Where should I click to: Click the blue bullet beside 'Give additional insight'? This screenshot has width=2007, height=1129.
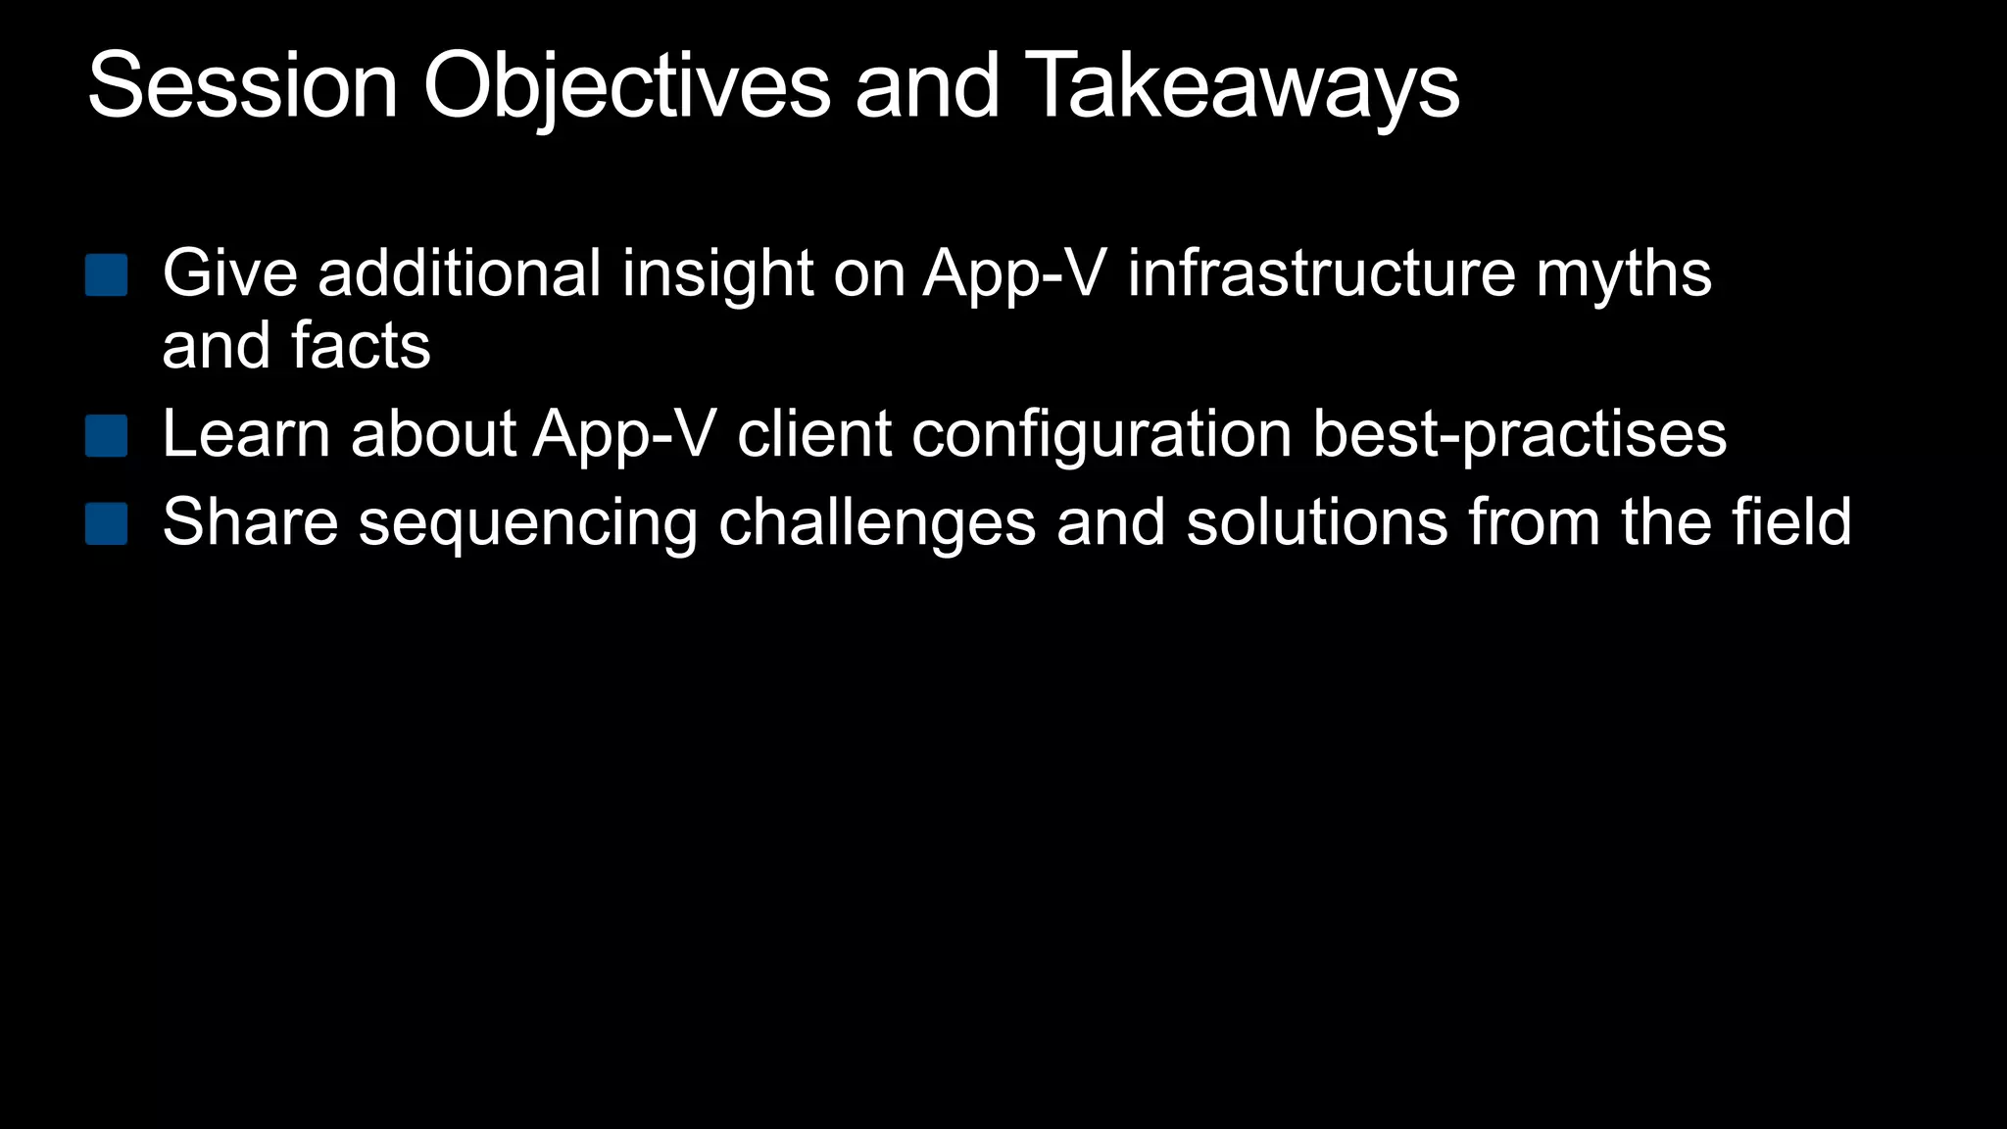click(107, 275)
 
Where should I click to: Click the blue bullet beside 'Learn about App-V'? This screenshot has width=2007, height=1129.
click(107, 436)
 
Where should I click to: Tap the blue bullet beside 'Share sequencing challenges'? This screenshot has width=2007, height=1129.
click(107, 524)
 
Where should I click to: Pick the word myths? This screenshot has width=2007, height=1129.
click(1624, 274)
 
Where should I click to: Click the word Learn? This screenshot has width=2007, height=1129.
click(246, 434)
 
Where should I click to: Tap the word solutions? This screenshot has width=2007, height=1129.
click(1316, 522)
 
